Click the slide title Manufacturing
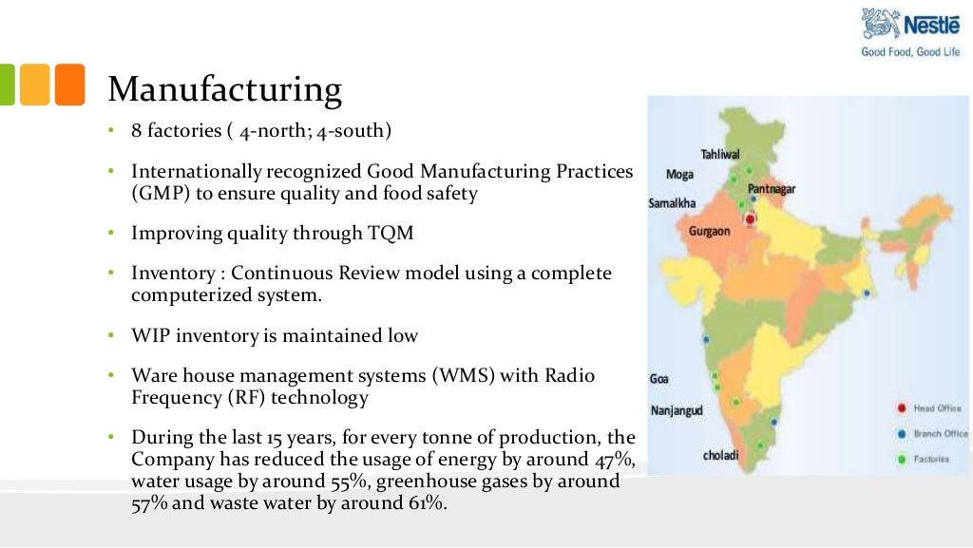click(224, 89)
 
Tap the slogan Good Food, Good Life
click(910, 52)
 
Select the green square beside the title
click(7, 85)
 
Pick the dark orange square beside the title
click(69, 85)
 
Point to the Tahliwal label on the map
click(720, 154)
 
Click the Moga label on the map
click(679, 175)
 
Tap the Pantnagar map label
click(772, 189)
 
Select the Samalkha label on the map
click(672, 203)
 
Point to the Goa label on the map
click(658, 378)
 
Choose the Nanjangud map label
click(677, 411)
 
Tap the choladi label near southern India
click(720, 455)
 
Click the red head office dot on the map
click(750, 219)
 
